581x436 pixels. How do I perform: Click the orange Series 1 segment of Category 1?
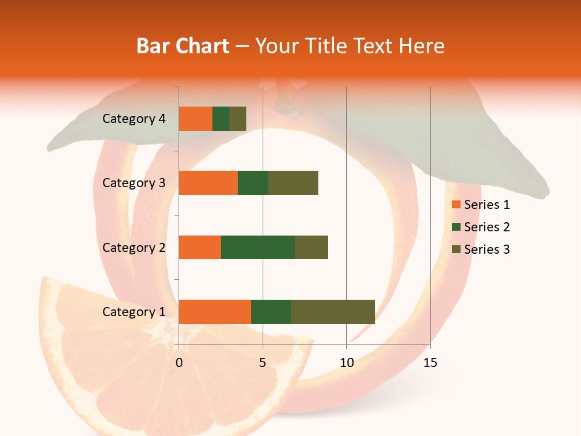point(215,312)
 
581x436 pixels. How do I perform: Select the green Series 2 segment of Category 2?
point(258,247)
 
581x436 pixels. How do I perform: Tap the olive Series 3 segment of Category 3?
point(293,183)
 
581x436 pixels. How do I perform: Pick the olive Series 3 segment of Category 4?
point(238,119)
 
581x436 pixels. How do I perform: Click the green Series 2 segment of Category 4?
point(221,119)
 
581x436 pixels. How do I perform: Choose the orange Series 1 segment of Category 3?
point(208,183)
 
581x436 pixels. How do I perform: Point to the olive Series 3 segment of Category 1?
point(333,312)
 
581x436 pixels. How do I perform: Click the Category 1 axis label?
point(134,312)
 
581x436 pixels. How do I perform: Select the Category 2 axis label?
point(134,247)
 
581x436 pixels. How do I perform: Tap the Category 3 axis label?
point(134,183)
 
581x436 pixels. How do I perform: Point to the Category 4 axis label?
point(134,119)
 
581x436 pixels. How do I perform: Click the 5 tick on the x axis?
point(263,363)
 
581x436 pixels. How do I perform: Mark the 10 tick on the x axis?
point(346,363)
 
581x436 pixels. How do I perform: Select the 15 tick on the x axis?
point(430,363)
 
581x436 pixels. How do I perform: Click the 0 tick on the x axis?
point(179,363)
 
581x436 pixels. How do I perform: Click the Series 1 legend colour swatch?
point(456,205)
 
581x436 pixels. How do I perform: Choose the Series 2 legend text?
point(487,227)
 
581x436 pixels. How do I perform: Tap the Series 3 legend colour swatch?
point(456,249)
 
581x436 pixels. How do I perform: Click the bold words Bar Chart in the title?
point(183,45)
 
